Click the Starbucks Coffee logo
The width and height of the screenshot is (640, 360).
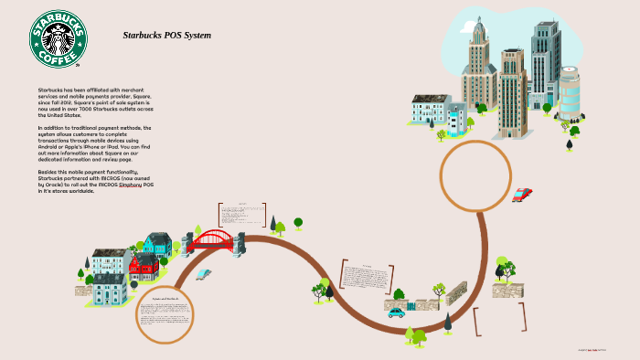coord(59,39)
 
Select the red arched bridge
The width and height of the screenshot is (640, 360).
coord(213,241)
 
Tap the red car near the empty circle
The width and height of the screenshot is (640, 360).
coord(522,195)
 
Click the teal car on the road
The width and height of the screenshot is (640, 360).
coord(396,312)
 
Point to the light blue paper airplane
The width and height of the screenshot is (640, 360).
coord(203,273)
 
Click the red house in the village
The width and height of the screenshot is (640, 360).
coord(143,267)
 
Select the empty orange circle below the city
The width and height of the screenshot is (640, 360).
coord(475,176)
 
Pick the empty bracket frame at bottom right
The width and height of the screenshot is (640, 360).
coord(499,319)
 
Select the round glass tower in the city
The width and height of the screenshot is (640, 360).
coord(569,92)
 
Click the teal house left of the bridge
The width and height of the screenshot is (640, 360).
coord(158,244)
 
